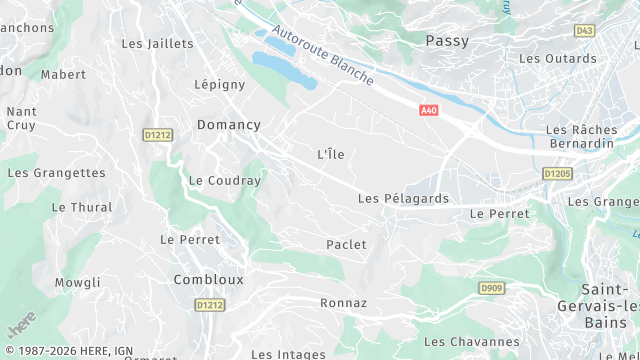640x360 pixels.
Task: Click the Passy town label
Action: (447, 41)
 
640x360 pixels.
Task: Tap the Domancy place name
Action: (228, 125)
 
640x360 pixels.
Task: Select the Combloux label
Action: (208, 280)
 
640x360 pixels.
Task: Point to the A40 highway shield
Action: (429, 111)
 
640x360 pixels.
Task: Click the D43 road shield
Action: (584, 31)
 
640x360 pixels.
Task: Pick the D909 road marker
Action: (490, 288)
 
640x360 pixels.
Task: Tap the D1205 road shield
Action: (557, 173)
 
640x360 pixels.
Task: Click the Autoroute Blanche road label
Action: (322, 56)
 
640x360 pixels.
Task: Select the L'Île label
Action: (331, 154)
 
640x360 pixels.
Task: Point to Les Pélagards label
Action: (403, 199)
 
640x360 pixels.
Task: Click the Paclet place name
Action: (346, 244)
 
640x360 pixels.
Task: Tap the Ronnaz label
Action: (343, 303)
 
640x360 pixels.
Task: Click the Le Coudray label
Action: (224, 181)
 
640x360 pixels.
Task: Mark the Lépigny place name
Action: (220, 86)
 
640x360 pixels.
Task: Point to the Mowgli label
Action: (78, 283)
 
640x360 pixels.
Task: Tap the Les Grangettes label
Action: (56, 173)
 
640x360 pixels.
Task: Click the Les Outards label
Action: (557, 58)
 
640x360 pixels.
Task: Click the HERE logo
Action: (22, 326)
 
